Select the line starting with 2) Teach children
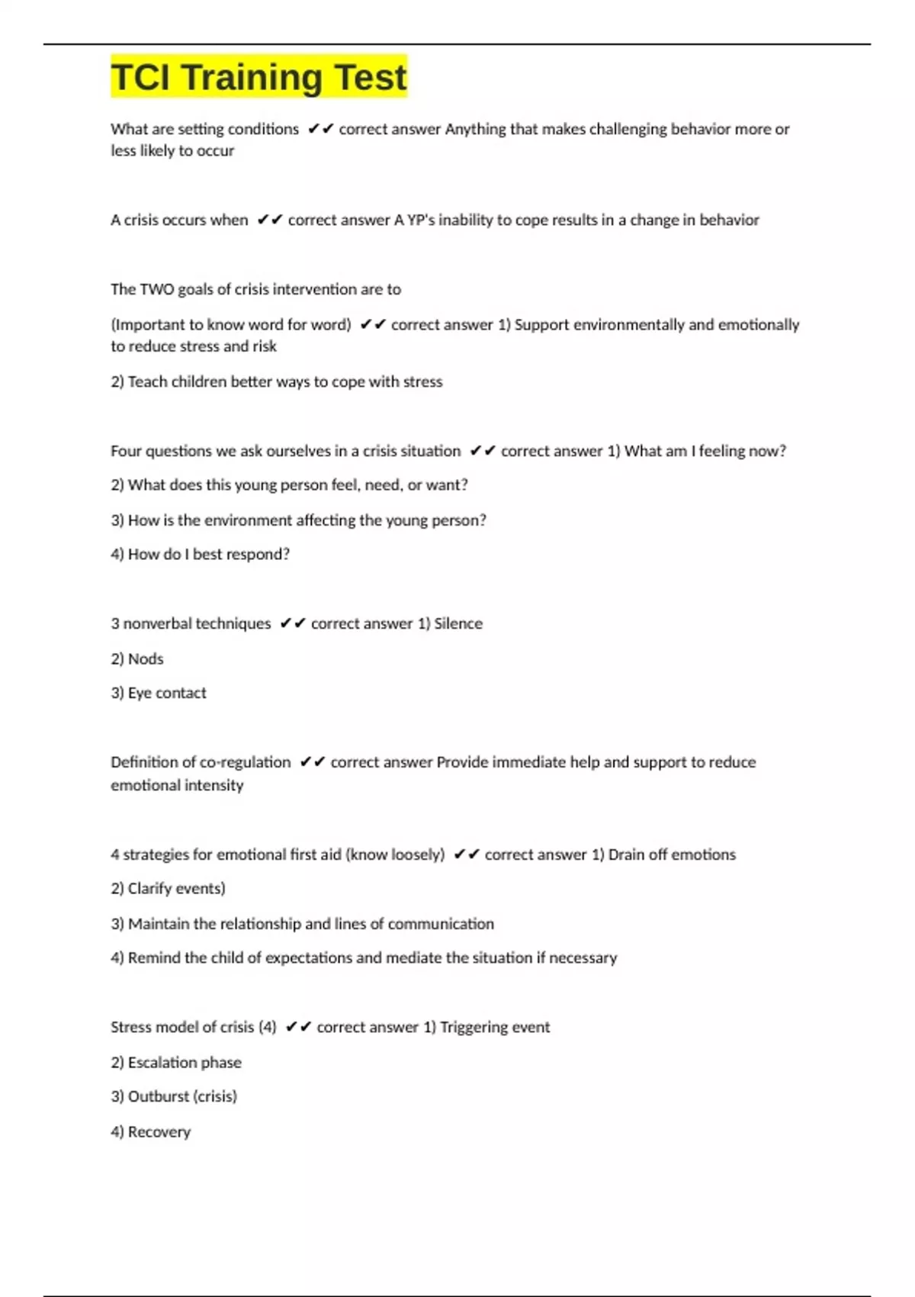(x=276, y=381)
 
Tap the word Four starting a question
(x=126, y=451)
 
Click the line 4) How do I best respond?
(x=200, y=554)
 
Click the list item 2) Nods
(x=137, y=658)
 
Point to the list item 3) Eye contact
(x=159, y=693)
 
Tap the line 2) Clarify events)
(x=168, y=888)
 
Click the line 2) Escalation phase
(x=176, y=1062)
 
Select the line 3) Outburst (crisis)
(x=174, y=1096)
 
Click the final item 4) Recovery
(x=150, y=1131)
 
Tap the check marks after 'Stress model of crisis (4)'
(x=298, y=1027)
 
